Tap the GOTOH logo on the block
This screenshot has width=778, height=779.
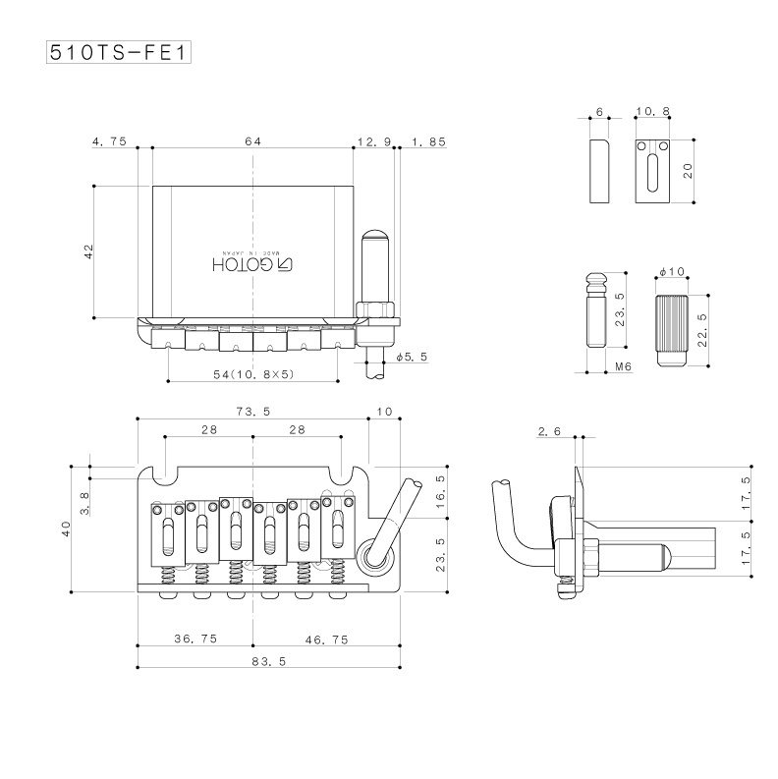[252, 263]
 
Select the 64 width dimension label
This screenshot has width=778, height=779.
[252, 142]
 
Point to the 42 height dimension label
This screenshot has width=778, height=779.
[88, 252]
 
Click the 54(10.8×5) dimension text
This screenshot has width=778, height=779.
[253, 375]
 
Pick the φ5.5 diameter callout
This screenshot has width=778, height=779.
[411, 358]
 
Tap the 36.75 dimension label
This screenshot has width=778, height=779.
[195, 639]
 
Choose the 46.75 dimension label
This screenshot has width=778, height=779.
[327, 639]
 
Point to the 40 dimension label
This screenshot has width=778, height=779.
[66, 530]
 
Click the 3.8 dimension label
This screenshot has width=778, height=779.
[85, 504]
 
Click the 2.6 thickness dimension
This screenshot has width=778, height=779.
[550, 432]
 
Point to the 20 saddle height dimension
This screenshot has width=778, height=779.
[689, 170]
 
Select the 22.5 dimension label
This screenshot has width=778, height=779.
[698, 329]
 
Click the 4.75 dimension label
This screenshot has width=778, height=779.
[108, 142]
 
